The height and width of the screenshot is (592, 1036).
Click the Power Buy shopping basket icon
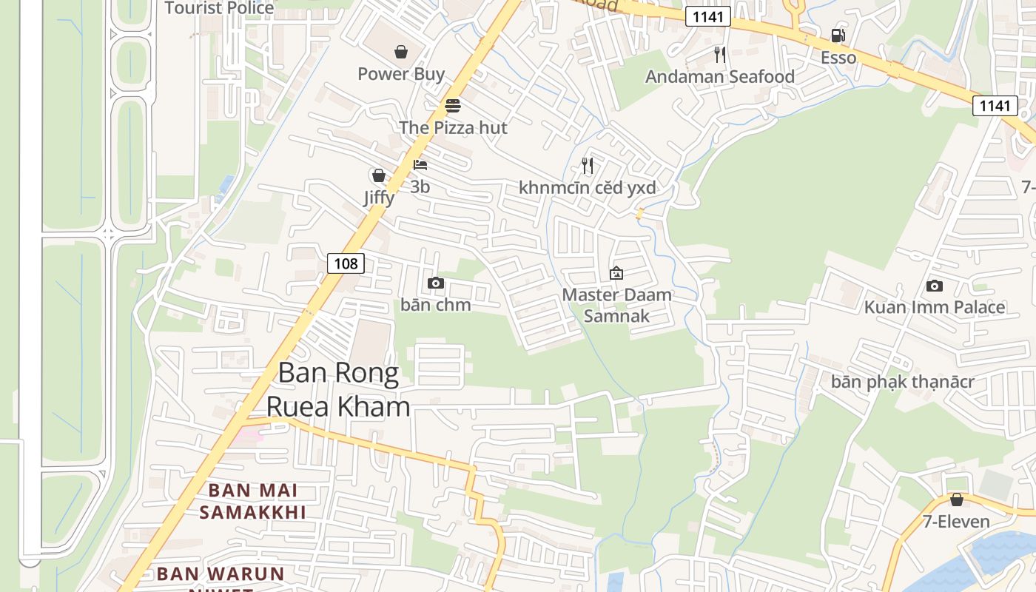400,52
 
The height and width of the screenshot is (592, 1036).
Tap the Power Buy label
401,74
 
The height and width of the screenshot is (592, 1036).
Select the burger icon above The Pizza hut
453,106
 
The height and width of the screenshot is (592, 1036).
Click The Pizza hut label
453,127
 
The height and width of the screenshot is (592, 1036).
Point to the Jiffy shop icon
378,175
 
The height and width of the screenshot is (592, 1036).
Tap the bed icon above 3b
420,164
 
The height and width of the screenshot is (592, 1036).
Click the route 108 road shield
346,263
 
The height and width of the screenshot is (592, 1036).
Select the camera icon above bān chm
436,283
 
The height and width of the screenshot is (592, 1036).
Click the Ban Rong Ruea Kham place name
338,389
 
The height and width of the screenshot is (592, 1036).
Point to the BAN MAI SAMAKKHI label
252,501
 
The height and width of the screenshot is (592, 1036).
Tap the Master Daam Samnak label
616,305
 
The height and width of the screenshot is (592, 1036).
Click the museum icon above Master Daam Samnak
616,273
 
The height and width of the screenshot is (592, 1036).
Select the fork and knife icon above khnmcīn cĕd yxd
588,166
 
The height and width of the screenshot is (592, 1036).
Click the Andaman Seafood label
719,77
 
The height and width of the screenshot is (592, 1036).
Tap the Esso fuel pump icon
838,36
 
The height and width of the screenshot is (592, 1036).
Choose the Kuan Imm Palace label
935,307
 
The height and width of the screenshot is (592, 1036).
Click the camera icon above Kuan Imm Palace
935,286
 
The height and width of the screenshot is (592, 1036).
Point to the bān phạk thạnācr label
902,382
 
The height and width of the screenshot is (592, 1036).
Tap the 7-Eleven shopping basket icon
956,499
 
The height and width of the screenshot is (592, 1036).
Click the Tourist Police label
219,8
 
